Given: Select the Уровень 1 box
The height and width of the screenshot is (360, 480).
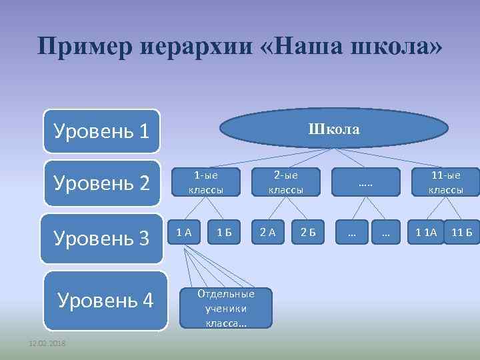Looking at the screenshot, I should (x=102, y=131).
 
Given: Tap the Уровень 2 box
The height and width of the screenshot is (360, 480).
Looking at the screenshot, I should (x=102, y=183).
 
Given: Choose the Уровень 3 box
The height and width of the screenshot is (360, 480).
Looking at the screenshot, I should (x=102, y=238).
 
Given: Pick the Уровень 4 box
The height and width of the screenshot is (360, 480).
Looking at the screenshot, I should (x=105, y=301).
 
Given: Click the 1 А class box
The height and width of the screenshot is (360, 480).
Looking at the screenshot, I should (x=183, y=232).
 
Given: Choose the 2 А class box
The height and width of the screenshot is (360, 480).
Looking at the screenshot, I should (x=267, y=232).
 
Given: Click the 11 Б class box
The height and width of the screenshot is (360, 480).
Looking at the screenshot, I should (x=462, y=232).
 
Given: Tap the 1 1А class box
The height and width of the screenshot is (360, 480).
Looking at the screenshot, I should (x=426, y=232).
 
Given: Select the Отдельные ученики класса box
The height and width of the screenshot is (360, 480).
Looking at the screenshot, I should (x=226, y=308).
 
